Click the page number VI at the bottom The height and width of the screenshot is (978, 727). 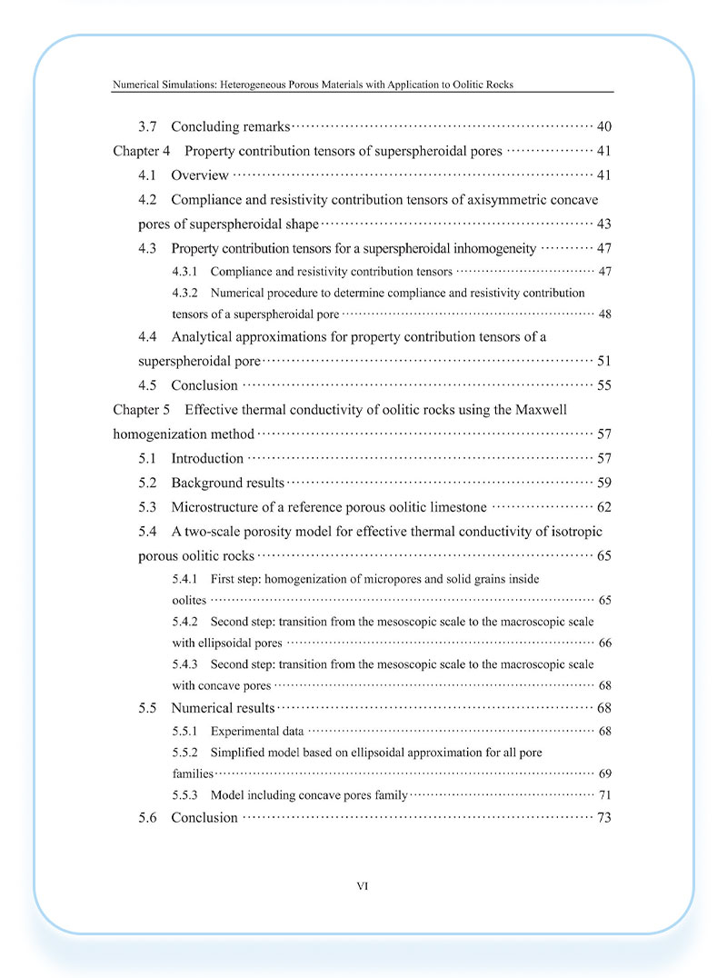click(x=363, y=884)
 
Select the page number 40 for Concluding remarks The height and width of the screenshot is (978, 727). click(x=604, y=126)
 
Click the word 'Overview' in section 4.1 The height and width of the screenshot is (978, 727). click(x=200, y=175)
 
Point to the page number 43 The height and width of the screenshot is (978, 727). click(x=604, y=224)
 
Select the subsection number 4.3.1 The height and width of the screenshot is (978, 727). click(x=185, y=271)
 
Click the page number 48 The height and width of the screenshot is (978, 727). click(x=604, y=314)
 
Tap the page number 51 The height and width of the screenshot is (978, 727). click(x=604, y=361)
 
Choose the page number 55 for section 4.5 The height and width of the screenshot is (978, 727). click(x=604, y=385)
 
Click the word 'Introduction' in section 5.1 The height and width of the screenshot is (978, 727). click(x=207, y=458)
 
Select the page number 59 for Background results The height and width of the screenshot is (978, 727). click(x=604, y=483)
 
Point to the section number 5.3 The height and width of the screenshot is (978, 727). click(x=148, y=507)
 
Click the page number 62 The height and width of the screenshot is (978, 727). click(x=604, y=507)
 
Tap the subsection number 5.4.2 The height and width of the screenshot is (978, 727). click(x=185, y=622)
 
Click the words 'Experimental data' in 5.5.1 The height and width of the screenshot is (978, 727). click(x=257, y=731)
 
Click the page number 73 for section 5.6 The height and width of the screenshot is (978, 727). click(x=604, y=818)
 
